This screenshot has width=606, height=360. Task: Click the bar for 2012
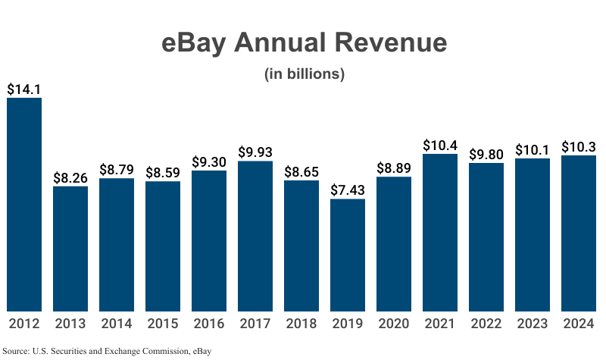coord(24,205)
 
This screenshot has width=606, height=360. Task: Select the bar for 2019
coord(348,255)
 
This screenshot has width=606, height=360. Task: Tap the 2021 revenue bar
coord(440,232)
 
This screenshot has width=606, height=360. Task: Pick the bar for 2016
coord(209,240)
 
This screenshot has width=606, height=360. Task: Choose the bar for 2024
coord(579,233)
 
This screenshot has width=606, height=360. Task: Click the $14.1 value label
coord(24,89)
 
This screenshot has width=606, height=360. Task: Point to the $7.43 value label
coord(348,189)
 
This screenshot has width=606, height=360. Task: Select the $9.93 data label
coord(255,152)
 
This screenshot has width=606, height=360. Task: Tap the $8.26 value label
coord(70,177)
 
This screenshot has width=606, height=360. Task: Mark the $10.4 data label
coord(440,145)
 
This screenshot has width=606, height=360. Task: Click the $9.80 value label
coord(486,154)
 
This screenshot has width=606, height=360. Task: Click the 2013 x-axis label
coord(70,324)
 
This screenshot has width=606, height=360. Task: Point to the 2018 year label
coord(301,324)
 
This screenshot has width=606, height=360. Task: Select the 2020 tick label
coord(394,324)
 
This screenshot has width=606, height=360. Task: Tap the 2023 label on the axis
coord(533,324)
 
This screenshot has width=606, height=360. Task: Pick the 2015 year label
coord(163,324)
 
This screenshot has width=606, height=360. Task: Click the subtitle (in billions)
coord(304,74)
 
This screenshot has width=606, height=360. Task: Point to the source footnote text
coord(107,351)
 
